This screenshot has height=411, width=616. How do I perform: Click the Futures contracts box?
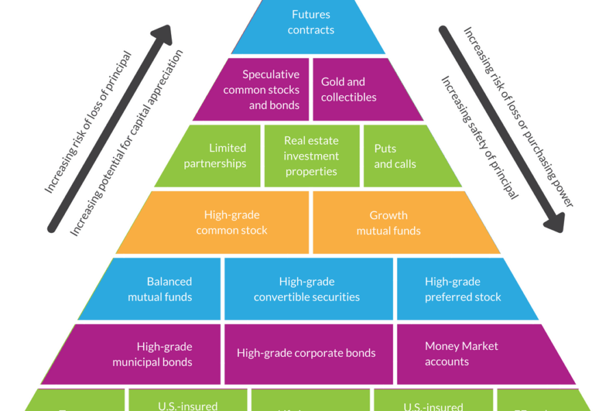tap(310, 24)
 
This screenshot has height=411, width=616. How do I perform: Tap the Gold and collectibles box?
tap(352, 90)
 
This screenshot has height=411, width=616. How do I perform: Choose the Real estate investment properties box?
tap(311, 156)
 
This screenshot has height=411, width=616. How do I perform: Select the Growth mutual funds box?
tap(397, 223)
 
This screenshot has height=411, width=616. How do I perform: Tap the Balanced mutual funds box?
tap(161, 289)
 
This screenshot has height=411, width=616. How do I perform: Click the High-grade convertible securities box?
tap(308, 289)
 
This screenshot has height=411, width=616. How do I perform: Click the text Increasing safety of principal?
tap(479, 137)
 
